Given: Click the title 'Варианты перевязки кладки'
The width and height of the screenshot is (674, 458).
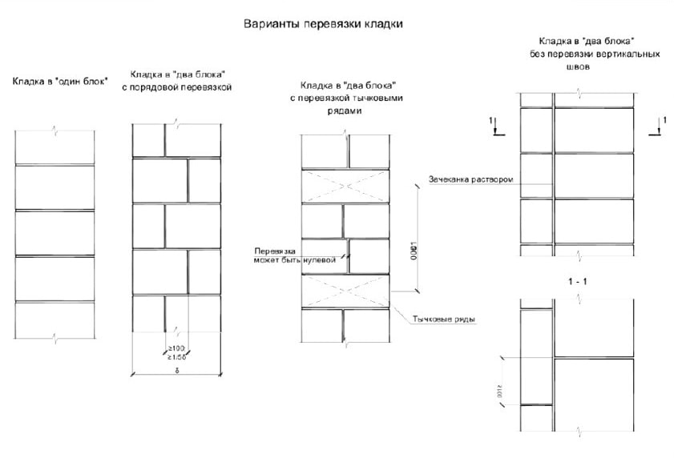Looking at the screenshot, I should (x=323, y=24).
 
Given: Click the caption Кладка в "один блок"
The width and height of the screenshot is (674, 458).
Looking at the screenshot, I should (x=60, y=81).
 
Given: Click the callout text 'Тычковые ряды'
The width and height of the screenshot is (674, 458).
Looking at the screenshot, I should (x=443, y=319).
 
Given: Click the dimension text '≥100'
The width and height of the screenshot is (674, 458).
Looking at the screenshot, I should (x=176, y=348).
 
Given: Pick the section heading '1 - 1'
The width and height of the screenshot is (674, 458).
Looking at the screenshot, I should (x=576, y=282).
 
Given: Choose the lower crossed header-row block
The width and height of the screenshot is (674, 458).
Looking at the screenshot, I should (x=345, y=290).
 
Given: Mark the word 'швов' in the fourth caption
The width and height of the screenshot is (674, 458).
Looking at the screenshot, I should (x=578, y=68).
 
